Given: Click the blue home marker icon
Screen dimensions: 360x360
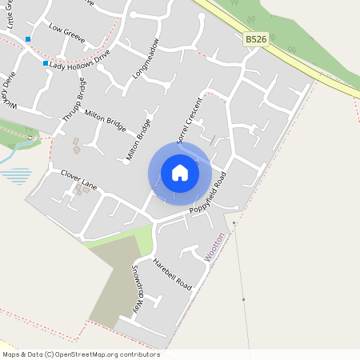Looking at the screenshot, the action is (180, 172).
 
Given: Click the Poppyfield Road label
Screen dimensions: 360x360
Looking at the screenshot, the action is (208, 192).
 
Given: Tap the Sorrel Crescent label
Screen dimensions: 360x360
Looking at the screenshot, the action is (189, 120).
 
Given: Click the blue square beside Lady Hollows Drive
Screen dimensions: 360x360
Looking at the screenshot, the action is (46, 63).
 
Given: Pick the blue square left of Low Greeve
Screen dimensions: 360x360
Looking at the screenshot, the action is (28, 38).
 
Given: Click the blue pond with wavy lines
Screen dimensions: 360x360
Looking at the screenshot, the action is (19, 174).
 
